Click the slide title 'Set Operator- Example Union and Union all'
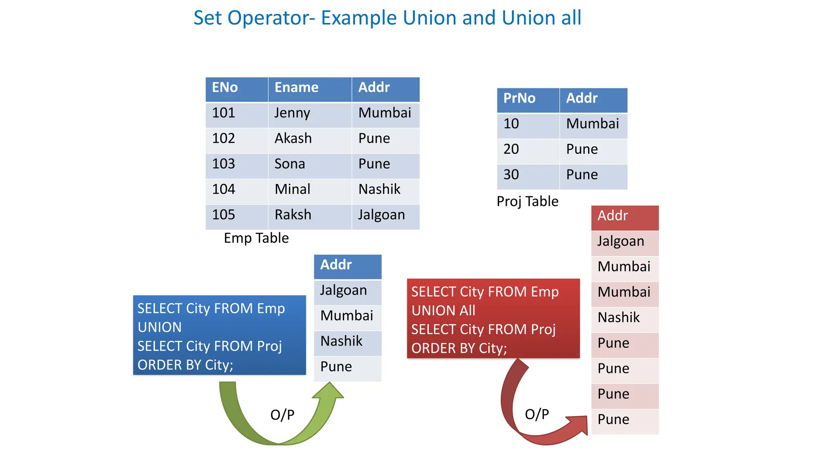387,18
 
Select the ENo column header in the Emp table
236,88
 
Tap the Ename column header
309,88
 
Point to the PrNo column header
528,99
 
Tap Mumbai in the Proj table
593,124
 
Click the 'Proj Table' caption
527,202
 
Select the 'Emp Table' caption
256,238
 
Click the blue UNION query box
219,335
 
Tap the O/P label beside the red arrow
537,415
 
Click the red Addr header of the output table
624,216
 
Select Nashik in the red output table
624,318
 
